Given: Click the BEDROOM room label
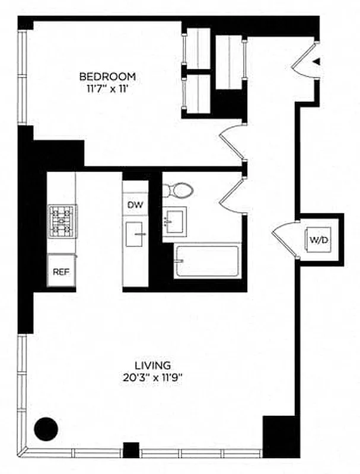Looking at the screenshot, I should coord(107,76).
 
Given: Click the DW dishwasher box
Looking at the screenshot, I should coord(134,204).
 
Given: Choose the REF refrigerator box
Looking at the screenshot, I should coord(61,271).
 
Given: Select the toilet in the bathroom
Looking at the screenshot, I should coord(178,191).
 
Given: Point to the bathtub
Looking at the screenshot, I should coord(206,262).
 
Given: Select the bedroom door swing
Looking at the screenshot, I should coord(232,142).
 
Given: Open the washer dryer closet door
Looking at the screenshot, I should coord(283,238).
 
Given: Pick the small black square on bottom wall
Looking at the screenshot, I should coord(130,450).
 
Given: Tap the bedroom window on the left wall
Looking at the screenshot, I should coord(22,77).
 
